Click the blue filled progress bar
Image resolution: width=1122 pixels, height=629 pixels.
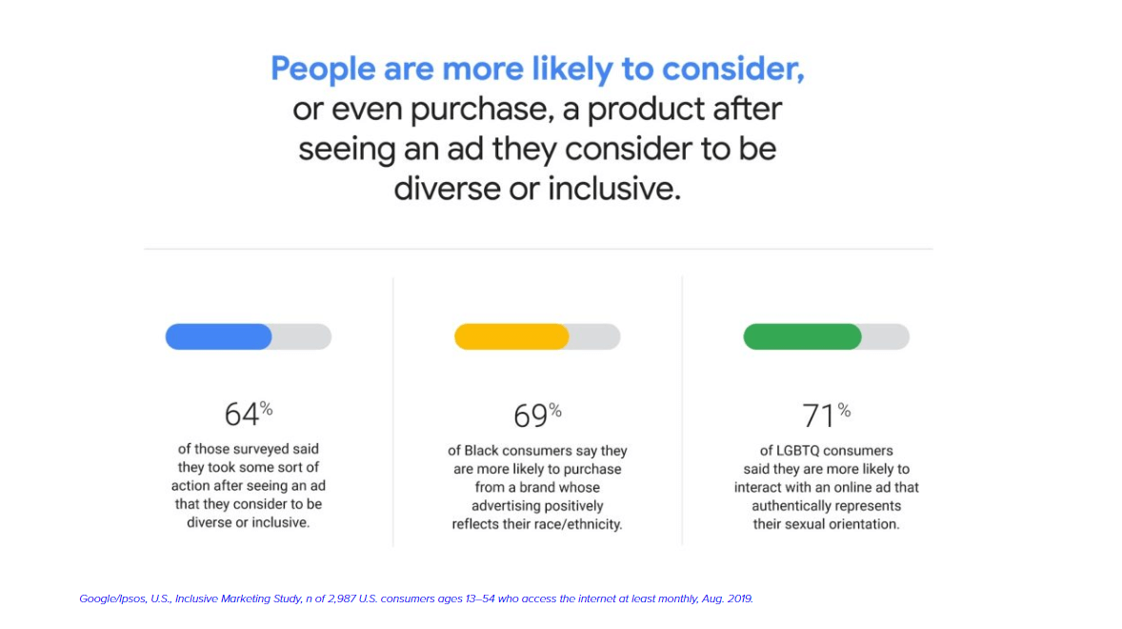[218, 336]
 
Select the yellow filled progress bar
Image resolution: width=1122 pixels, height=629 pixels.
[511, 336]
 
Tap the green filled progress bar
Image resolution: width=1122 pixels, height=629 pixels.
[802, 336]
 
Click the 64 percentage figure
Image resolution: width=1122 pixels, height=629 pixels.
[249, 413]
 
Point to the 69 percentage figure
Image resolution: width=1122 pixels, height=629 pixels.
[537, 415]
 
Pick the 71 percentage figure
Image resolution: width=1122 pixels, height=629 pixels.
[826, 415]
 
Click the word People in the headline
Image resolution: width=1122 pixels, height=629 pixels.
[323, 70]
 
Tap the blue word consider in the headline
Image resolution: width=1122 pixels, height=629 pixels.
[732, 69]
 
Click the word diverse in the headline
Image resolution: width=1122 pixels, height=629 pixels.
[446, 189]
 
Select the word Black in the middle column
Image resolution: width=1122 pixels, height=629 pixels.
[482, 451]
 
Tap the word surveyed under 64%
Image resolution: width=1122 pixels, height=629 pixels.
[265, 450]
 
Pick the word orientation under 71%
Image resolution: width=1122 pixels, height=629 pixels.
[863, 524]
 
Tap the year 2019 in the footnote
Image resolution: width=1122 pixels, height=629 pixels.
[740, 599]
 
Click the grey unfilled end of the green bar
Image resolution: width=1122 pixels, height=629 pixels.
[886, 336]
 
